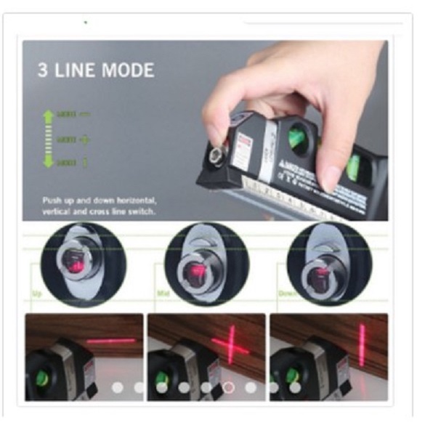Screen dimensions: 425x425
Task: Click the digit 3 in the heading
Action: (43, 70)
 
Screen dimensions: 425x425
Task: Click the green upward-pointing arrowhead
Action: (49, 115)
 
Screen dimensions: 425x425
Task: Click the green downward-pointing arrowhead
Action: (49, 163)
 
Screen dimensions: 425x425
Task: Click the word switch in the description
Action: (143, 211)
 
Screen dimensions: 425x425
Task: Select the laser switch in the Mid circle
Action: (195, 272)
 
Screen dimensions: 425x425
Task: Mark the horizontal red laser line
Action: (111, 340)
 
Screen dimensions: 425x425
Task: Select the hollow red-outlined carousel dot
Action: (228, 387)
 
